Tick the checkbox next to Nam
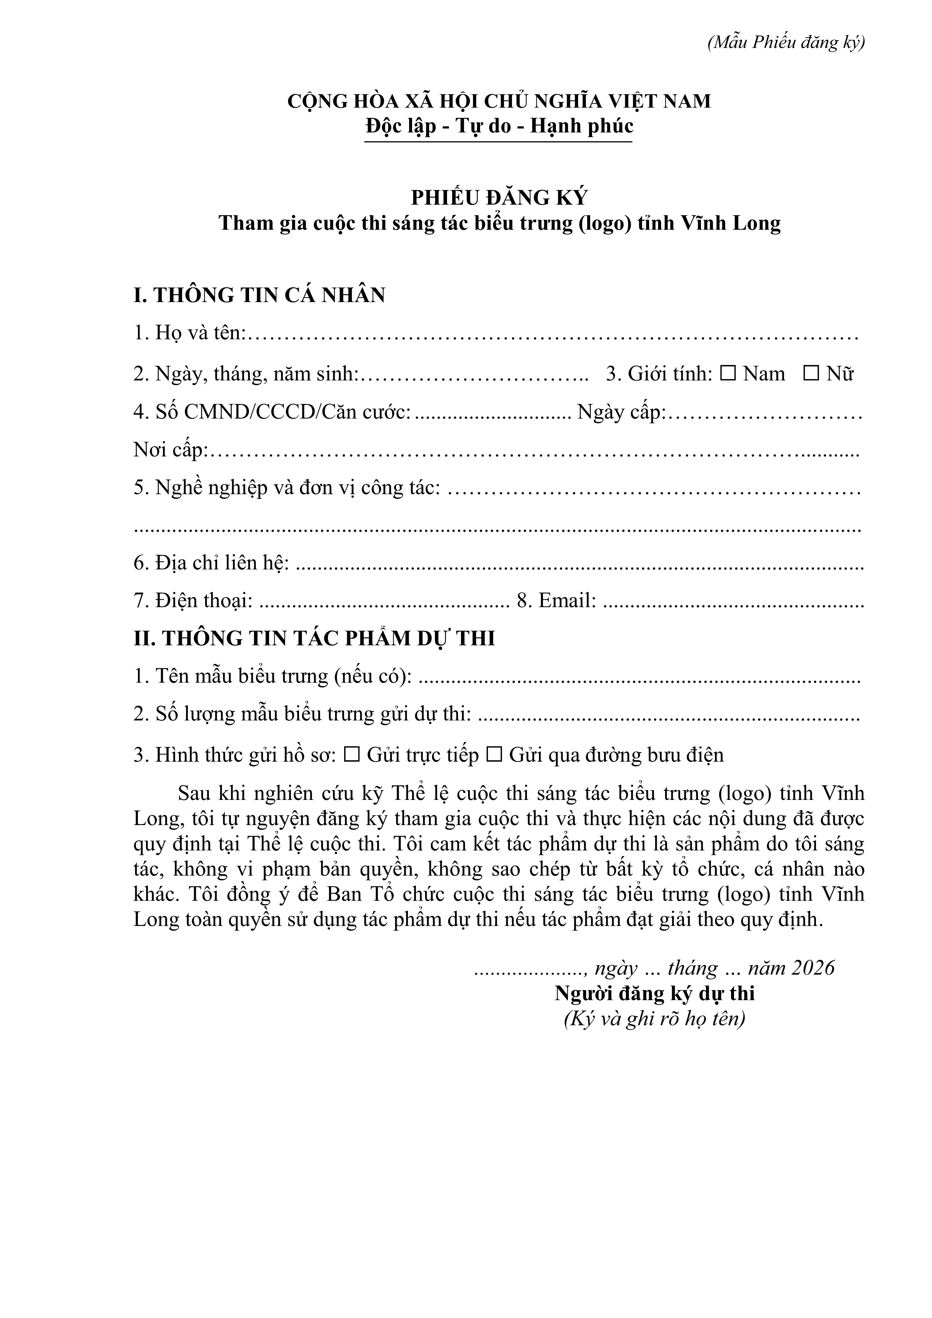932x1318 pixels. [x=728, y=374]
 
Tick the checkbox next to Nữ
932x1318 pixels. [x=811, y=374]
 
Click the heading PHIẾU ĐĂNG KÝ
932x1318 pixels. [x=499, y=198]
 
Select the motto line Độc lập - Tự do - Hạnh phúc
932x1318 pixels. [x=499, y=126]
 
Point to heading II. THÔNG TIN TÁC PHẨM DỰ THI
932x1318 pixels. [x=314, y=638]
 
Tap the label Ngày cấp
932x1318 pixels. [x=620, y=412]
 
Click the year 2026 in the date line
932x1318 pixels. [x=813, y=968]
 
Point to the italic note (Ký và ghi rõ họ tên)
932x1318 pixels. [x=654, y=1019]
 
